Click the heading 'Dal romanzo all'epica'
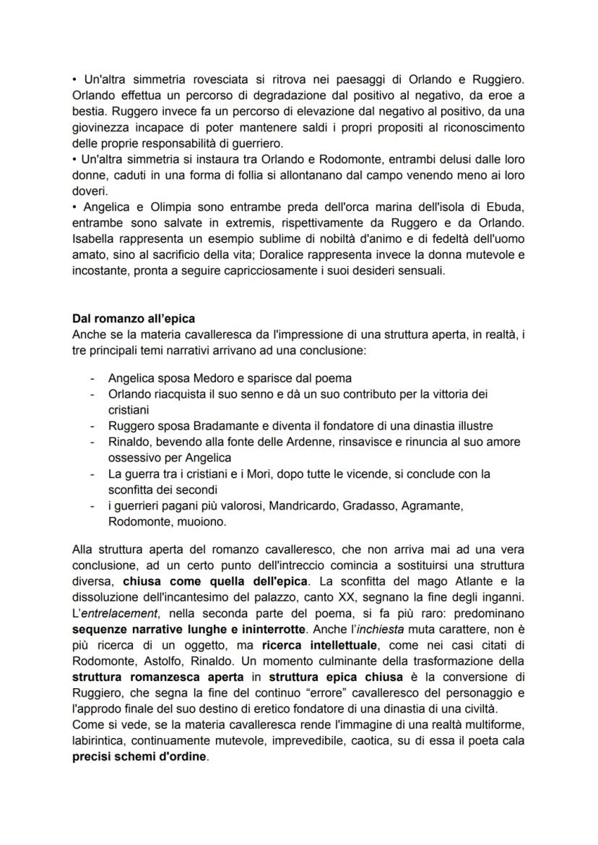pyautogui.click(x=134, y=318)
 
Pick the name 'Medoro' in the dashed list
pyautogui.click(x=217, y=378)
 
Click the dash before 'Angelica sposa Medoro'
pyautogui.click(x=91, y=378)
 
